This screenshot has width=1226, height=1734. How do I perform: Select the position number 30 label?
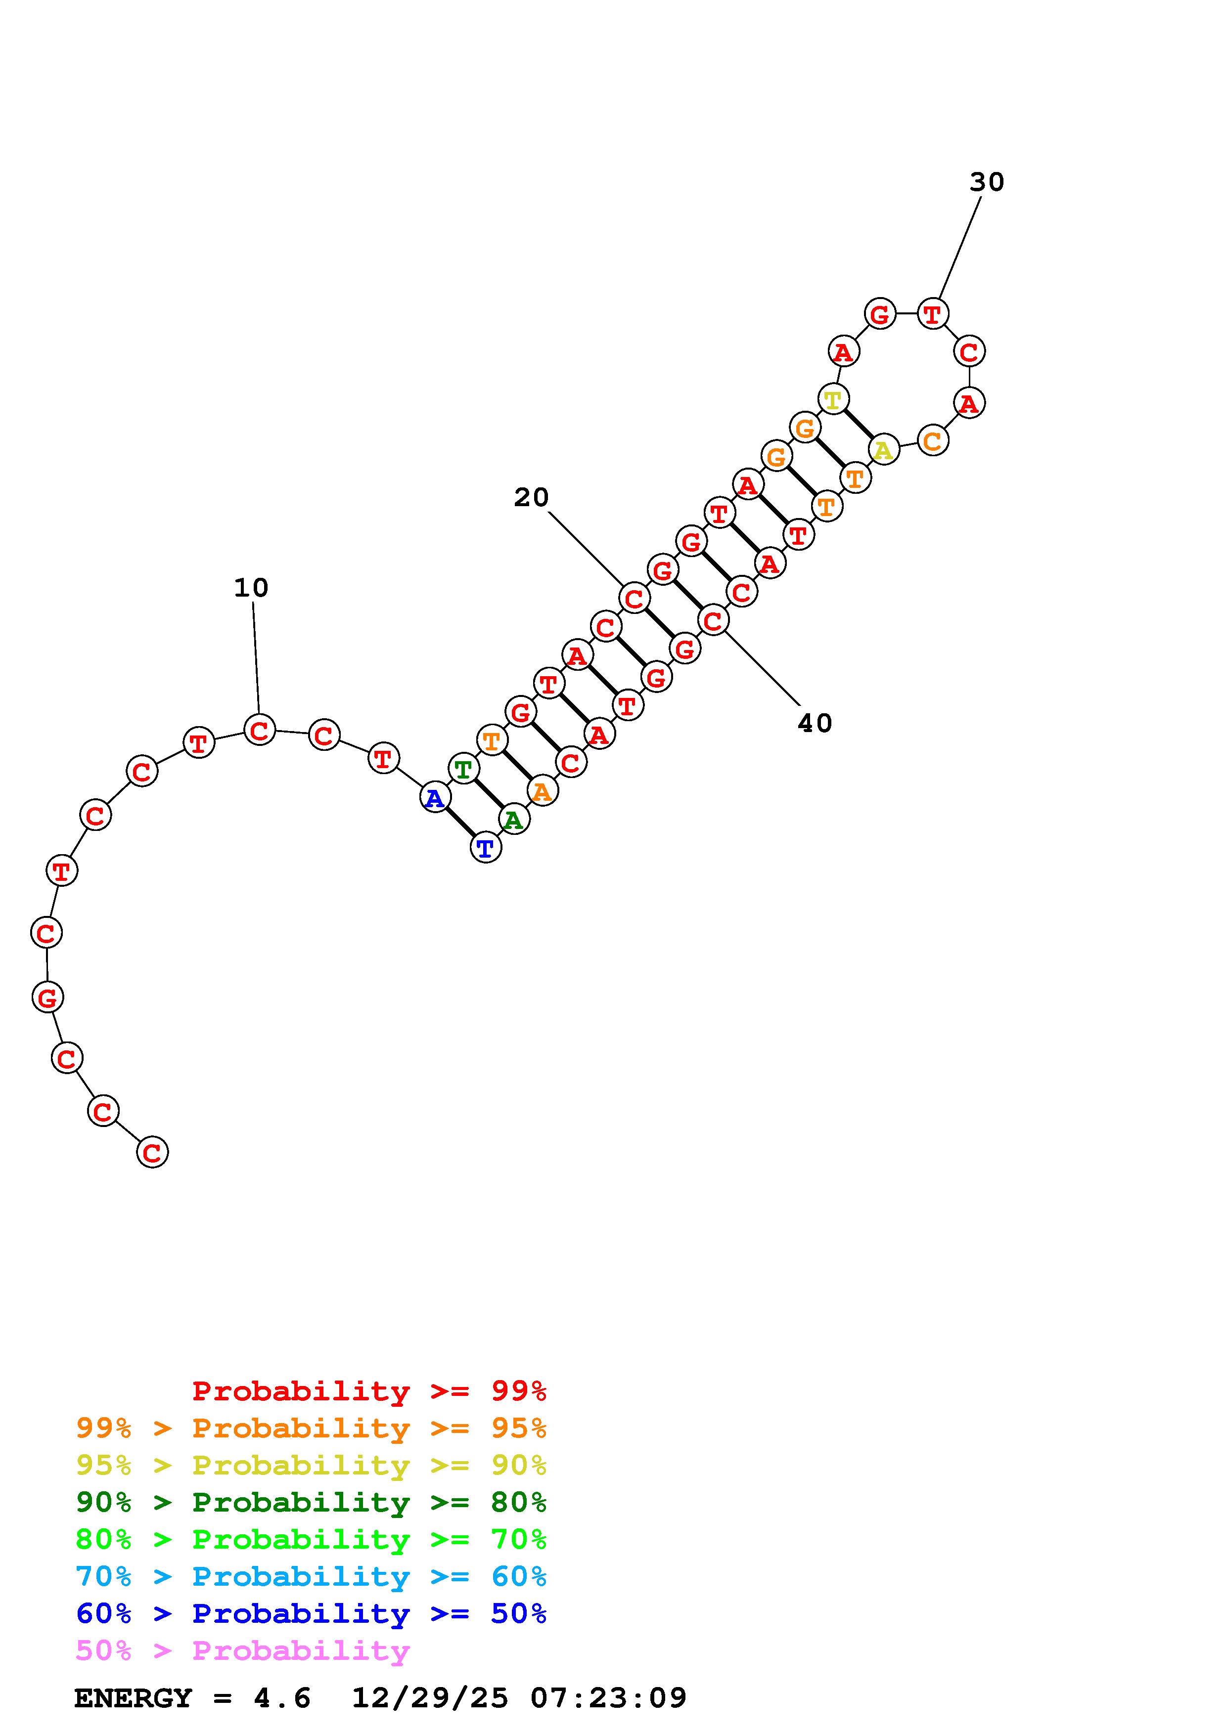pos(987,182)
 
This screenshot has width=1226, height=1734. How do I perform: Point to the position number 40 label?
pos(815,724)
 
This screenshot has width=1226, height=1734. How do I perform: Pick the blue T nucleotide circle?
pos(486,848)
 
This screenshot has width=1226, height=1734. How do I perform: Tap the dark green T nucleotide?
pos(463,769)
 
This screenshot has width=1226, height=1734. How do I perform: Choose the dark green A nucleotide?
pos(514,820)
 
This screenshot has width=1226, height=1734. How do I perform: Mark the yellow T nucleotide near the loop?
pos(832,399)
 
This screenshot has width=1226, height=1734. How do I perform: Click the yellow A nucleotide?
pos(883,450)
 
